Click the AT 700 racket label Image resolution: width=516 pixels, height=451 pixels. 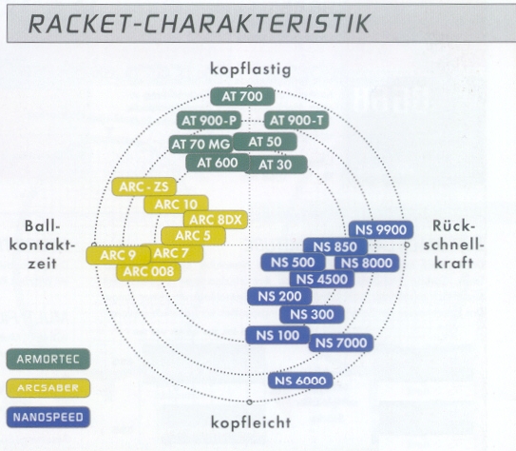242,96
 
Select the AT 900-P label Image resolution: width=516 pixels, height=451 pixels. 209,121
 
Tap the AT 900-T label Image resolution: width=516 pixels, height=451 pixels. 296,121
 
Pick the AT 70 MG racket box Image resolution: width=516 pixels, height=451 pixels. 201,145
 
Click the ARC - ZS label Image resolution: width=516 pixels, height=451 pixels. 144,186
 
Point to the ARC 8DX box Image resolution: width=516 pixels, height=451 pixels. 216,220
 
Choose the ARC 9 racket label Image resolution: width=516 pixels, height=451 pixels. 119,255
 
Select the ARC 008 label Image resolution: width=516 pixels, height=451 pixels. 148,272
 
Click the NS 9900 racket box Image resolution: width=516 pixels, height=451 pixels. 381,229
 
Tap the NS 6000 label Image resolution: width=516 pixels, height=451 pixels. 300,381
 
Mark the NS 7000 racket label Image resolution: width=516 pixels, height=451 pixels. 341,343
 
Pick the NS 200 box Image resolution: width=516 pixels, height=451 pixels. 279,297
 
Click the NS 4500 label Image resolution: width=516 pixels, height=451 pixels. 322,280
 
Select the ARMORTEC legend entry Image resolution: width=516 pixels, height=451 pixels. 48,359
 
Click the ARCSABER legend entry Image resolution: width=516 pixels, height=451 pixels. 48,388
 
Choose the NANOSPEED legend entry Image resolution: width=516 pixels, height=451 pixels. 48,418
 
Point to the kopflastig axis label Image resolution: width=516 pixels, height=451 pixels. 251,69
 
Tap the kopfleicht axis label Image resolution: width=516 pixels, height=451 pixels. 251,422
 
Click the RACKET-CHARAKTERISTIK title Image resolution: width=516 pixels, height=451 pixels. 200,24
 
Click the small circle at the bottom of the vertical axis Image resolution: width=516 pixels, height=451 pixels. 249,402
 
